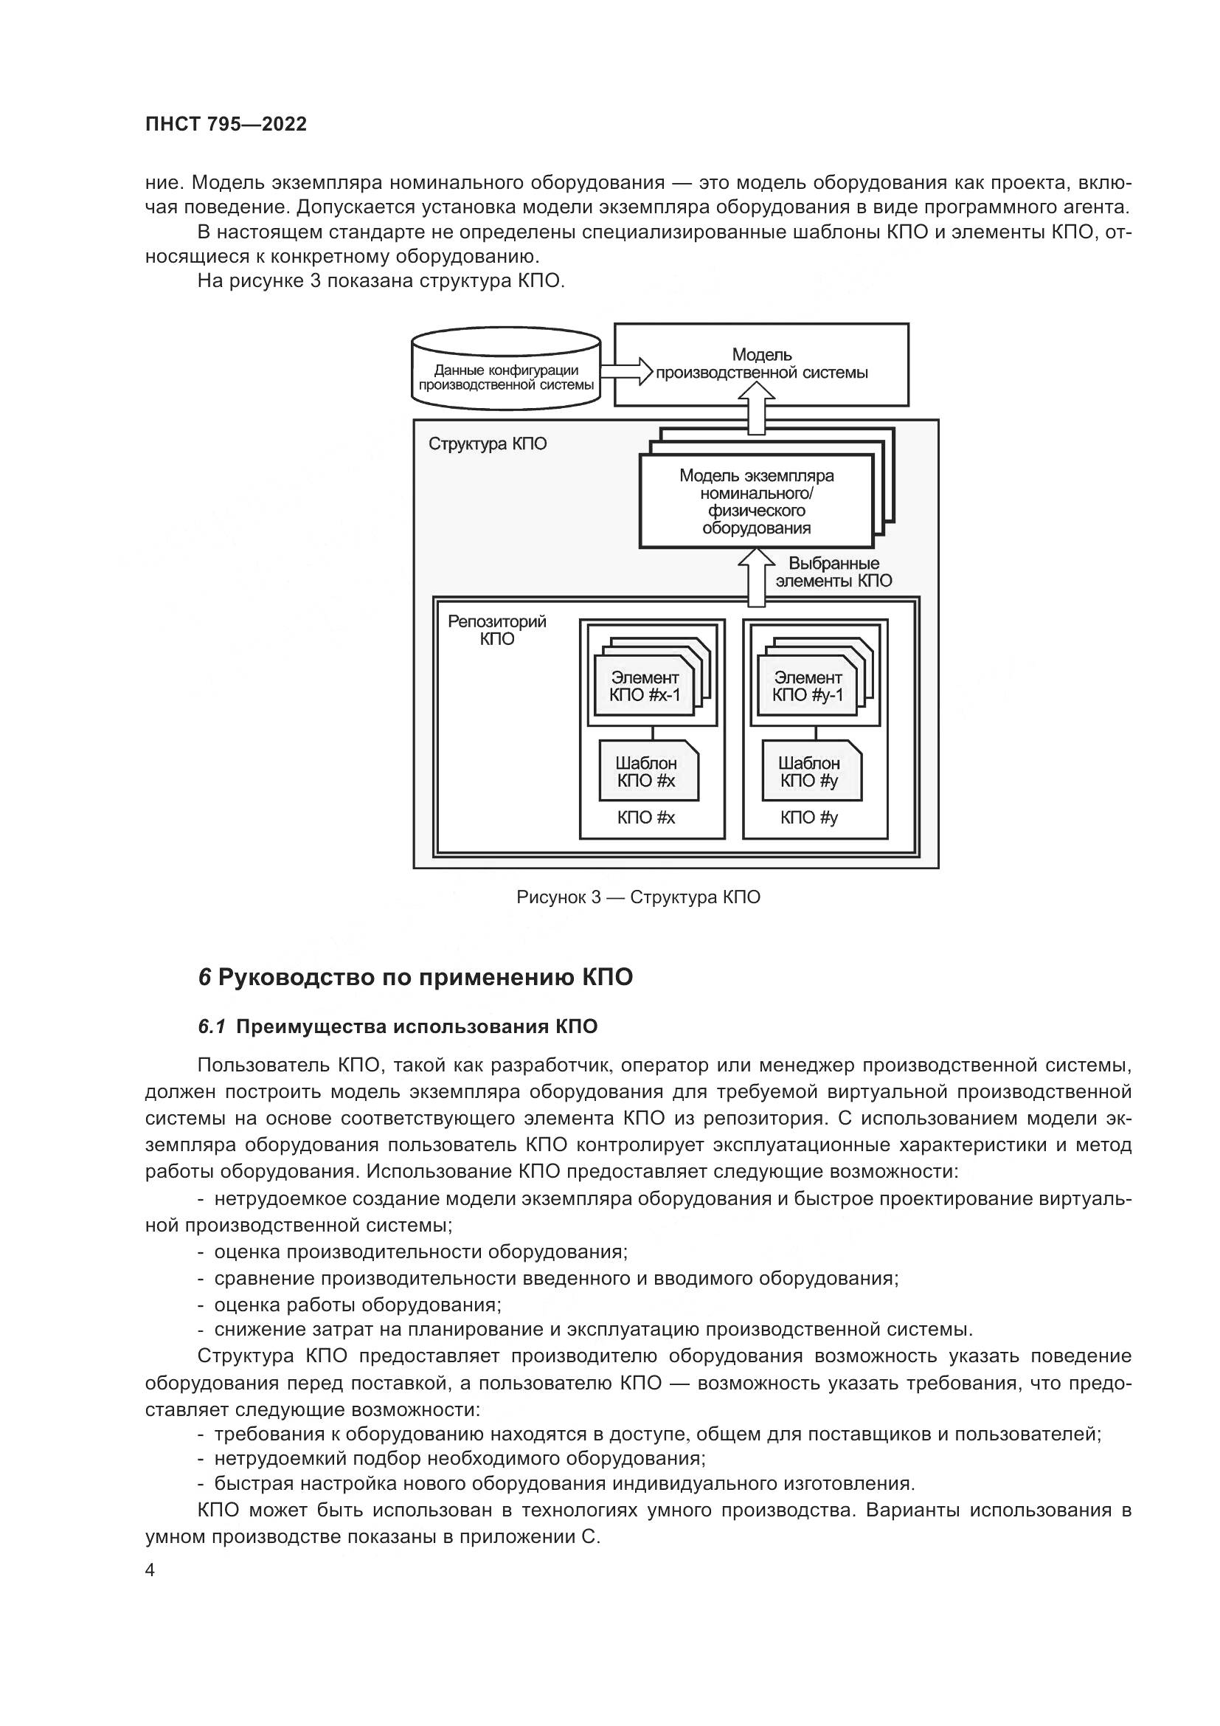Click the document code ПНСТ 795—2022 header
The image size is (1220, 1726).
pyautogui.click(x=226, y=125)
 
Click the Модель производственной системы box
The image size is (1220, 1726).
pyautogui.click(x=761, y=365)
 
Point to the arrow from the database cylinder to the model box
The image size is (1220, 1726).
pyautogui.click(x=625, y=371)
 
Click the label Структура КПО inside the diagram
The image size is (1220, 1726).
pyautogui.click(x=488, y=444)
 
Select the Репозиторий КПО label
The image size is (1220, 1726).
pyautogui.click(x=496, y=631)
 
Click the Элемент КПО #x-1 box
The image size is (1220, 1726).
pyautogui.click(x=644, y=686)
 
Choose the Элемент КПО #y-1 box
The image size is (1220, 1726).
pyautogui.click(x=807, y=686)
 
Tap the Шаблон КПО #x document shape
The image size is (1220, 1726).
pyautogui.click(x=648, y=771)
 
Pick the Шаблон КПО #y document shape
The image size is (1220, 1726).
pyautogui.click(x=810, y=771)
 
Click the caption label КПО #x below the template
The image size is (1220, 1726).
pyautogui.click(x=646, y=818)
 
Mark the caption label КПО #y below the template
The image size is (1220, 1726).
pyautogui.click(x=808, y=818)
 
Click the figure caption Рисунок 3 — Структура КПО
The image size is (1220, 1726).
pyautogui.click(x=638, y=897)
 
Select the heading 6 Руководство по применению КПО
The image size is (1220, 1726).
pyautogui.click(x=415, y=977)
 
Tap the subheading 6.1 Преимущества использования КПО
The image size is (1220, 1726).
pyautogui.click(x=398, y=1027)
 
